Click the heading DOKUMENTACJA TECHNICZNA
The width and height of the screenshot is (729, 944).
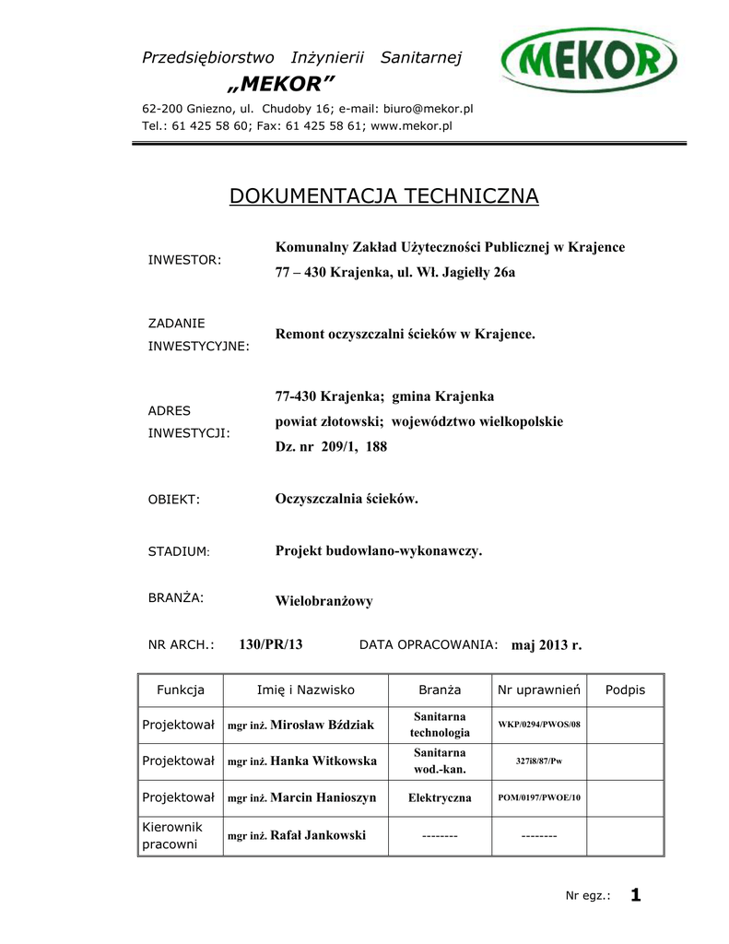[383, 195]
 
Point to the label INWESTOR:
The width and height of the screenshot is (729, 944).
[184, 260]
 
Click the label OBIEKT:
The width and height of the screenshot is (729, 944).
[174, 500]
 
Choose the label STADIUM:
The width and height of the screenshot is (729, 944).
[179, 551]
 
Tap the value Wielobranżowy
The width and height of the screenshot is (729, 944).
[323, 601]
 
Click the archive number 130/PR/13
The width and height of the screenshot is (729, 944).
[271, 644]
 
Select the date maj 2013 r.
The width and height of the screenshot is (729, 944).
[547, 645]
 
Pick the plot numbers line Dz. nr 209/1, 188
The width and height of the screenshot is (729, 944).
[331, 447]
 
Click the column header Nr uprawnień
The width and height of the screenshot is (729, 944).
[538, 690]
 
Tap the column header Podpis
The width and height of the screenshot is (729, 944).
[625, 690]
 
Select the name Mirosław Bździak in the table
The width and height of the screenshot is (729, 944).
[323, 726]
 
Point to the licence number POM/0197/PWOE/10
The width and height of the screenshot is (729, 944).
[539, 797]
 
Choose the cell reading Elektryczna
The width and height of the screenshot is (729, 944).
[440, 797]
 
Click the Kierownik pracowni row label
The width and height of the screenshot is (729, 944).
[172, 835]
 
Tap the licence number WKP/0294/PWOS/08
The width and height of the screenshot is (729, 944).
[539, 725]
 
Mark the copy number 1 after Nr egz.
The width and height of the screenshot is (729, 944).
[635, 894]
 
